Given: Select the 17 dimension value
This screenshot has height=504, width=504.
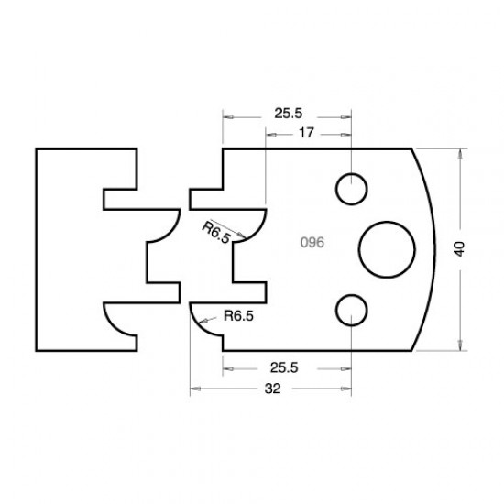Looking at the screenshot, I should point(309,134).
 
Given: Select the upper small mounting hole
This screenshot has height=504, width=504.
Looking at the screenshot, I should point(350,189).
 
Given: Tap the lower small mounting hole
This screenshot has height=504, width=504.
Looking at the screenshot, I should point(350,309).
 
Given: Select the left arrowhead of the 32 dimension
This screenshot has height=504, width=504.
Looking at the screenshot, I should point(195,389).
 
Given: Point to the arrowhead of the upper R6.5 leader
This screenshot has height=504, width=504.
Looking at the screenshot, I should point(245,240).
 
